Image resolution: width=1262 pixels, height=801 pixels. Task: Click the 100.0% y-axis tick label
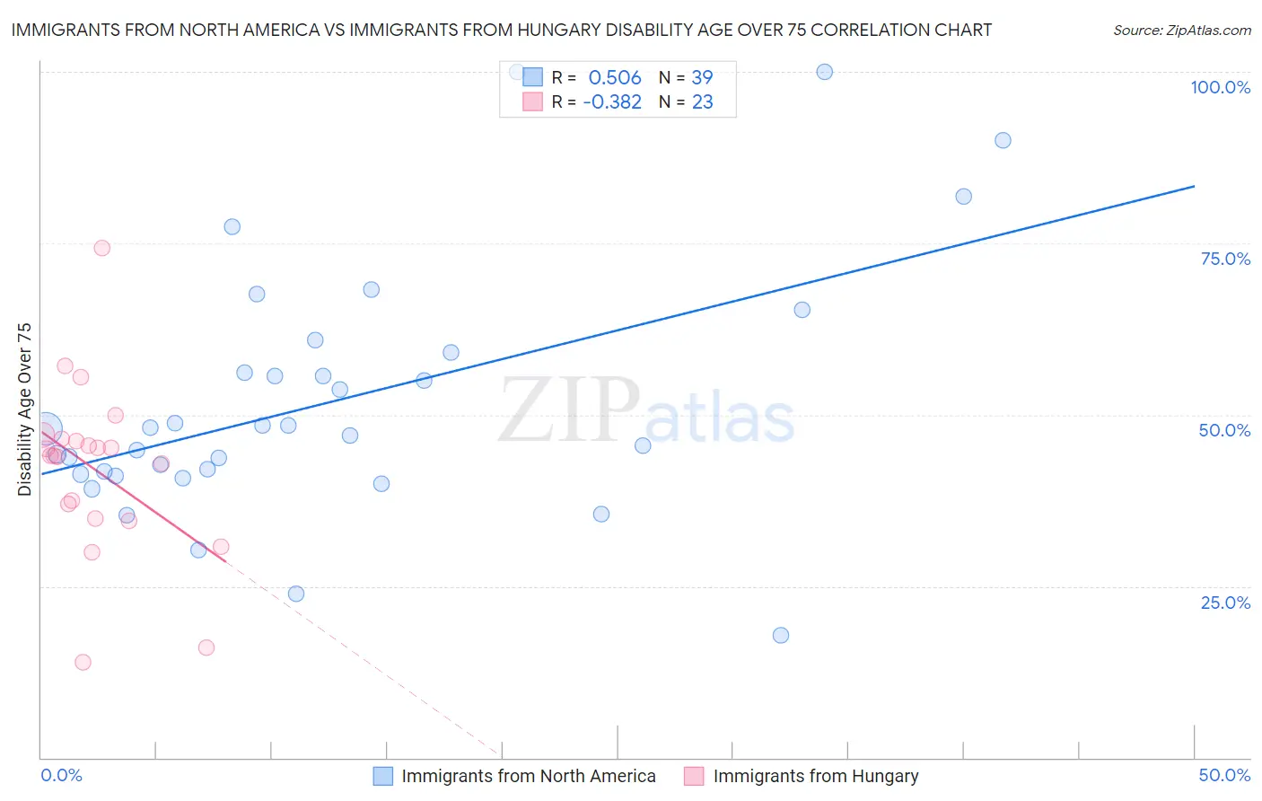(1220, 87)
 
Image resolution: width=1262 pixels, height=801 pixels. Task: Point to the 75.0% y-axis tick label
(1225, 259)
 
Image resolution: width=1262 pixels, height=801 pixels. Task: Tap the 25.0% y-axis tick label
(1225, 603)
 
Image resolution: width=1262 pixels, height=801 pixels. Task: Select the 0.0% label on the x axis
(61, 775)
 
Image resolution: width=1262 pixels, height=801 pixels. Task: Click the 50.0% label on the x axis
(1224, 775)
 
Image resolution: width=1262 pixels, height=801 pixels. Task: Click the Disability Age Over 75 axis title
(24, 409)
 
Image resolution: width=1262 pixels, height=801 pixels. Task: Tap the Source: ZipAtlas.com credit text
(1181, 31)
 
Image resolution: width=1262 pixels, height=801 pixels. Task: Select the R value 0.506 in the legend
(615, 78)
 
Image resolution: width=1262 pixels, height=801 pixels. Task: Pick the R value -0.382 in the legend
(612, 102)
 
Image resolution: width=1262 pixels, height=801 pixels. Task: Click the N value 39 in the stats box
(702, 78)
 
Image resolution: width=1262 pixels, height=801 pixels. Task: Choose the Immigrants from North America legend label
(528, 776)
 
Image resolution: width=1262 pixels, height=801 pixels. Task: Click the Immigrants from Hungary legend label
(815, 776)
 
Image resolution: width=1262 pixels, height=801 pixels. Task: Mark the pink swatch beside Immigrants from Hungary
(694, 776)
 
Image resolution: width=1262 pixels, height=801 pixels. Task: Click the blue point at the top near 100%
(824, 72)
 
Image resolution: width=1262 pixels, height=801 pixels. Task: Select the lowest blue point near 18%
(781, 635)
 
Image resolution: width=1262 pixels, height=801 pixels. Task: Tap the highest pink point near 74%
(102, 248)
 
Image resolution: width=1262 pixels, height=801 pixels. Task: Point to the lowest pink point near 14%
(83, 662)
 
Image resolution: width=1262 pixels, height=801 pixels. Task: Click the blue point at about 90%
(1003, 140)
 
